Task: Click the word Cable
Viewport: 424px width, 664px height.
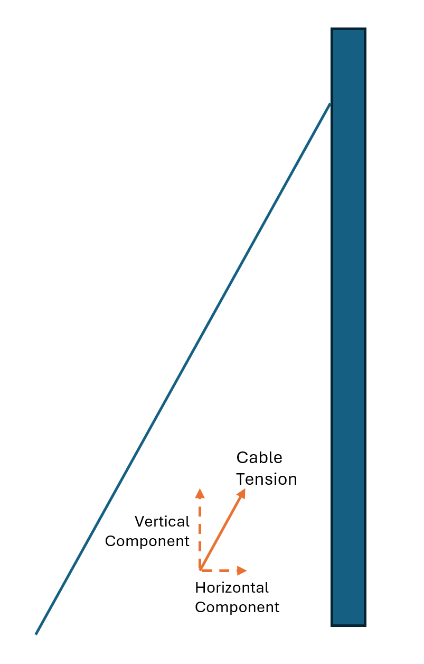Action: (259, 458)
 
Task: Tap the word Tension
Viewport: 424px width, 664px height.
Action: (266, 479)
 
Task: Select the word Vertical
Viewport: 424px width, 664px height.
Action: (162, 522)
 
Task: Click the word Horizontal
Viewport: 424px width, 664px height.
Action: (232, 587)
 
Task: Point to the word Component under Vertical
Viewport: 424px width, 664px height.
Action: (147, 541)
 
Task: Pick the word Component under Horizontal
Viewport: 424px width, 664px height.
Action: (237, 607)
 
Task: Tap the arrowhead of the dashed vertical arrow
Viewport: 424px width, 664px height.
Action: (200, 493)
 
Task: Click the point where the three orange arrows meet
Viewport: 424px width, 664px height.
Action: (200, 570)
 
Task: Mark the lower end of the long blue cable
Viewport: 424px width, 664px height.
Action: (36, 633)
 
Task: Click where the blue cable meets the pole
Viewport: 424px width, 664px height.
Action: (330, 104)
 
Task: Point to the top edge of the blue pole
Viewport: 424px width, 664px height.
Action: (348, 29)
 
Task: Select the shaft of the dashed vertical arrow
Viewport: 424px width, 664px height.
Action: (200, 531)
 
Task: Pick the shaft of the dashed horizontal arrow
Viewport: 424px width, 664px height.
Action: (219, 570)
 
